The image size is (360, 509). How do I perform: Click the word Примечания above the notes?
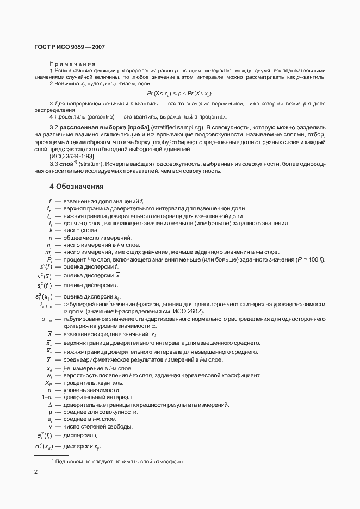point(72,64)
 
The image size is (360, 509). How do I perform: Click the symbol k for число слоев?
point(50,231)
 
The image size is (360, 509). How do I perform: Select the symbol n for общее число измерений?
point(50,238)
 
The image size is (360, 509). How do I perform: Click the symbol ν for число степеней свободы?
point(49,426)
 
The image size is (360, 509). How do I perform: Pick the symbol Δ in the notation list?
point(49,405)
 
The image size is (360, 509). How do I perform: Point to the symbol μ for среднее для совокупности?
point(49,412)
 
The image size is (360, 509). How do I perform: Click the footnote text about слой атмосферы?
point(120,462)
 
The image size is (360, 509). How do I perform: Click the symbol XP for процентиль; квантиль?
point(48,383)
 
